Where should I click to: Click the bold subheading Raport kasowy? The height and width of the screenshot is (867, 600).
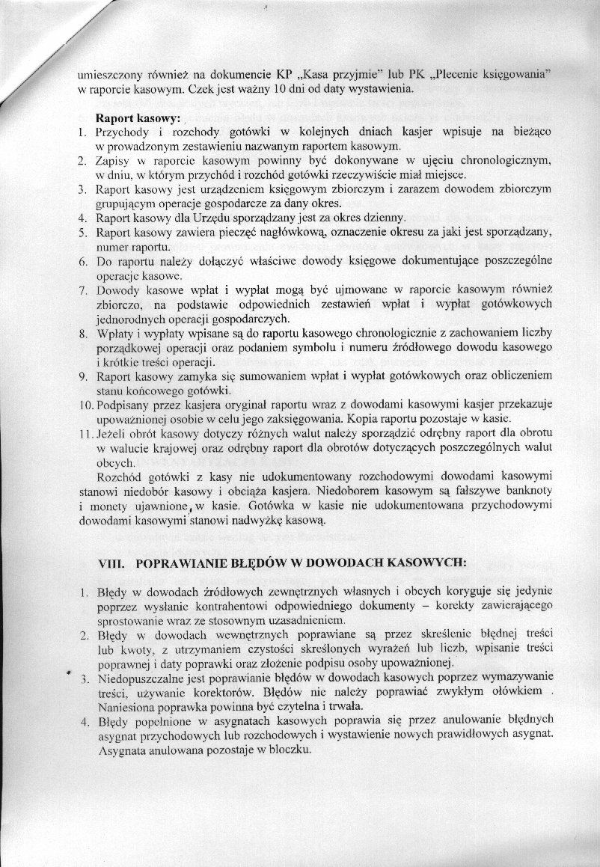[x=138, y=117]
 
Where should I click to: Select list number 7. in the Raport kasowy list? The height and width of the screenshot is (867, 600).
[x=84, y=289]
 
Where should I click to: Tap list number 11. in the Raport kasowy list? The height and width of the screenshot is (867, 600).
[x=86, y=434]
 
